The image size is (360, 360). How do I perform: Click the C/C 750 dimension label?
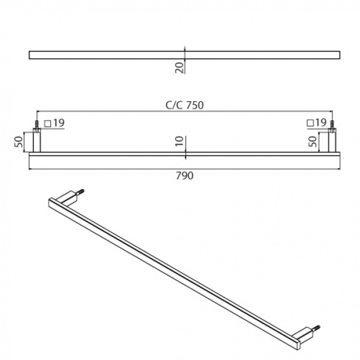(x=185, y=106)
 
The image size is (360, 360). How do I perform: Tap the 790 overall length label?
(x=185, y=176)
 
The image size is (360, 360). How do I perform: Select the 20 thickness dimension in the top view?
(x=180, y=67)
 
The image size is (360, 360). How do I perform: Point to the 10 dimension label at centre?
(x=180, y=141)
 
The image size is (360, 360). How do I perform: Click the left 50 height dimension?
(x=19, y=142)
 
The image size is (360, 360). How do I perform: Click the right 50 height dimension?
(x=313, y=142)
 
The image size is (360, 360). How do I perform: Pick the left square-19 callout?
(x=55, y=123)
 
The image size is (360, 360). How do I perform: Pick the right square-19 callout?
(x=317, y=122)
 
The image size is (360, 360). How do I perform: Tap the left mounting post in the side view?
(x=37, y=140)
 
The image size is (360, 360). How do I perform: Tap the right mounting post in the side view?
(x=332, y=140)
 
